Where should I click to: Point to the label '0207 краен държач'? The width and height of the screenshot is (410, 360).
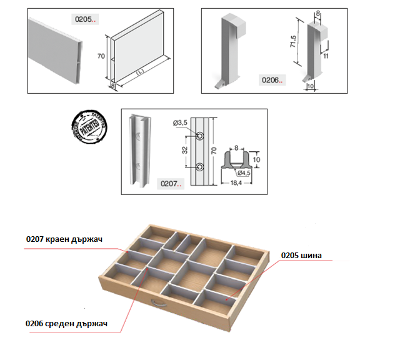(64, 239)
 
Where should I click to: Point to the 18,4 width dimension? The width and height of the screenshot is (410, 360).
(236, 182)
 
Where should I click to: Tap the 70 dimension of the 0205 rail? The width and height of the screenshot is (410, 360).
(101, 56)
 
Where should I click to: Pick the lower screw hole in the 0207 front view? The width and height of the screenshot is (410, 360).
(201, 167)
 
